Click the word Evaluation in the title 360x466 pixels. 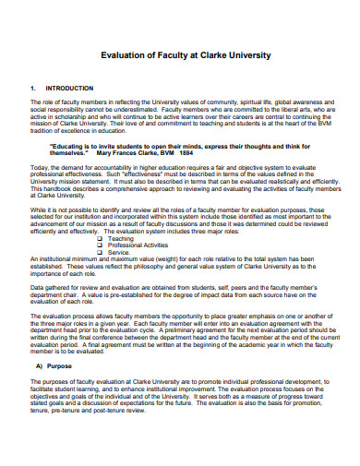pyautogui.click(x=126, y=55)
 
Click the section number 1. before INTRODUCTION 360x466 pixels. pyautogui.click(x=34, y=89)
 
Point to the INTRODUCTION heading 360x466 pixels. pyautogui.click(x=69, y=89)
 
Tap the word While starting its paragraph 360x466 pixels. pyautogui.click(x=38, y=211)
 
